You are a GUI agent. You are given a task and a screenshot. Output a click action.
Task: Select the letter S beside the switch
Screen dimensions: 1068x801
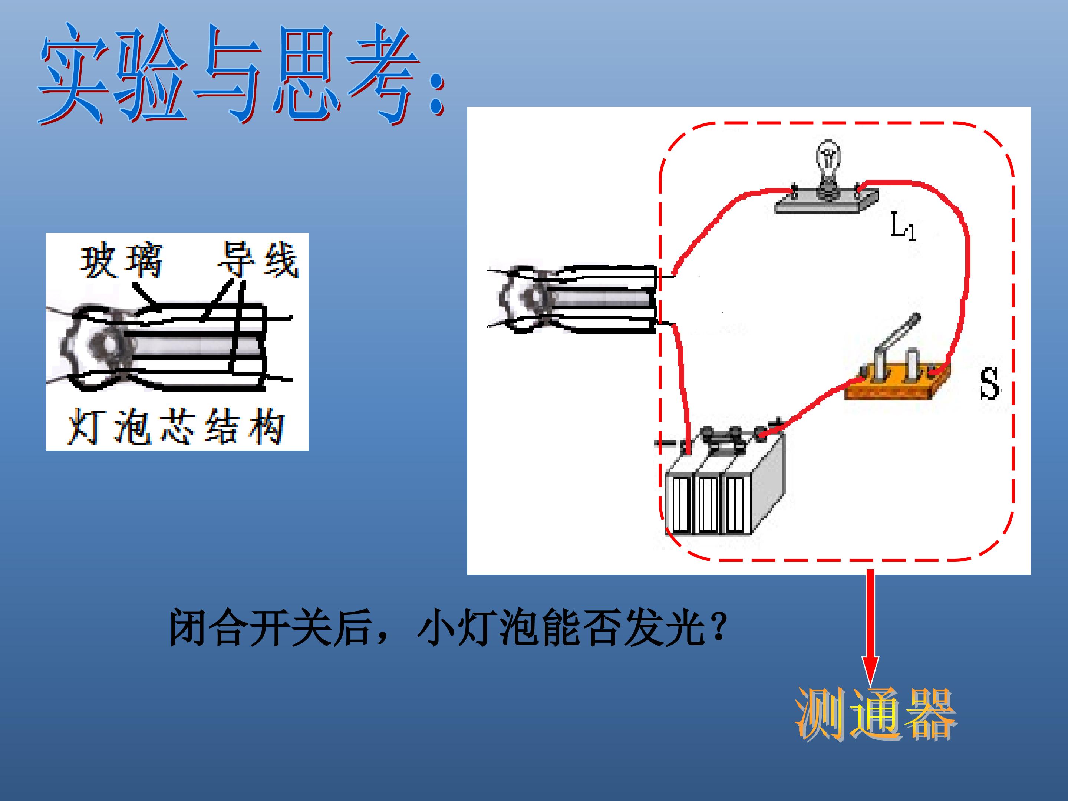(990, 383)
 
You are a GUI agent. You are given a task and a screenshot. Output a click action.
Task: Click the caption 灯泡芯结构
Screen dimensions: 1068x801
(176, 426)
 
